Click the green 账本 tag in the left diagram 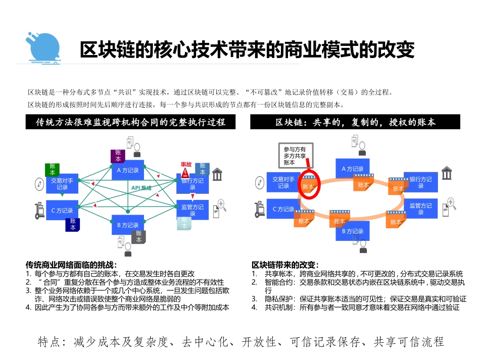[x=53, y=169]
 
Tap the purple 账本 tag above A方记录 [x=118, y=156]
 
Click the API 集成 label [x=141, y=188]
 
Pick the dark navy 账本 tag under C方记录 [x=73, y=224]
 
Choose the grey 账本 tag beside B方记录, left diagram [x=138, y=236]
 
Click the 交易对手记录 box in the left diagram [x=62, y=184]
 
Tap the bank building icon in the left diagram [x=218, y=175]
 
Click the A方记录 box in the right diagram [x=353, y=169]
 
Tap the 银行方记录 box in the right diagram [x=420, y=182]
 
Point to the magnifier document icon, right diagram [x=449, y=207]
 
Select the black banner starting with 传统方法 [x=131, y=122]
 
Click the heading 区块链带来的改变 [x=284, y=265]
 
